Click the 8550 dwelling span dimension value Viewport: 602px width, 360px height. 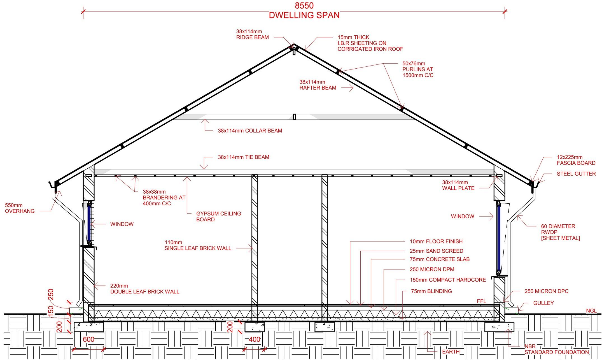click(x=304, y=6)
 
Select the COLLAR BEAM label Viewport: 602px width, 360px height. click(x=250, y=131)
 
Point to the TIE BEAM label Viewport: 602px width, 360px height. click(x=243, y=157)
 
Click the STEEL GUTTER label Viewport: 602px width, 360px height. click(x=576, y=174)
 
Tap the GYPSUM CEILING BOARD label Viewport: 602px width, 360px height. click(x=218, y=216)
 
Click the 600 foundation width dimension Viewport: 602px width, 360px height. click(x=88, y=339)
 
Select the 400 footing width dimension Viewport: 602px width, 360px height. click(x=254, y=340)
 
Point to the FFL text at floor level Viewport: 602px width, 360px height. click(x=482, y=301)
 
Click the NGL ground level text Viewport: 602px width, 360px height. click(x=591, y=311)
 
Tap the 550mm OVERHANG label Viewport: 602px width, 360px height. click(x=20, y=208)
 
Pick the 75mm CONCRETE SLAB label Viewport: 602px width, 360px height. click(x=440, y=259)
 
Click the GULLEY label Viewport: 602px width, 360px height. click(x=543, y=303)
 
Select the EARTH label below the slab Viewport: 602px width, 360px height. click(x=451, y=352)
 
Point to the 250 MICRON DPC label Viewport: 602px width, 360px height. click(x=546, y=291)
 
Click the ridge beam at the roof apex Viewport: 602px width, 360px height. click(x=294, y=51)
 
